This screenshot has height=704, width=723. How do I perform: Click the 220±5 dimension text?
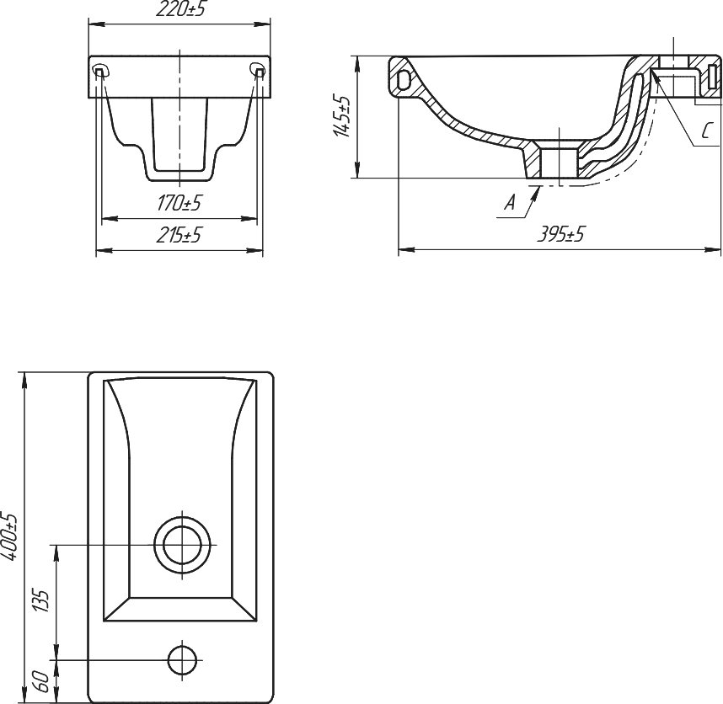[x=179, y=10]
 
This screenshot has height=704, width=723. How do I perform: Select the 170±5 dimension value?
[x=179, y=203]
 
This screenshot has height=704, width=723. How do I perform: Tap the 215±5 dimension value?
[x=179, y=236]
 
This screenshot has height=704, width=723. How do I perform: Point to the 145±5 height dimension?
[x=341, y=116]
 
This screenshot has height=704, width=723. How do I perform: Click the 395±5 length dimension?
[x=560, y=234]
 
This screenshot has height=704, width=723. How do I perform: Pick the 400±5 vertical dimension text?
[x=10, y=536]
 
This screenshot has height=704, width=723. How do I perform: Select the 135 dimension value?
[x=40, y=600]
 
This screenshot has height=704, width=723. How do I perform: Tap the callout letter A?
[x=510, y=202]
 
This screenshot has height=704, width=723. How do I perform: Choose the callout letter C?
[x=706, y=131]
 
